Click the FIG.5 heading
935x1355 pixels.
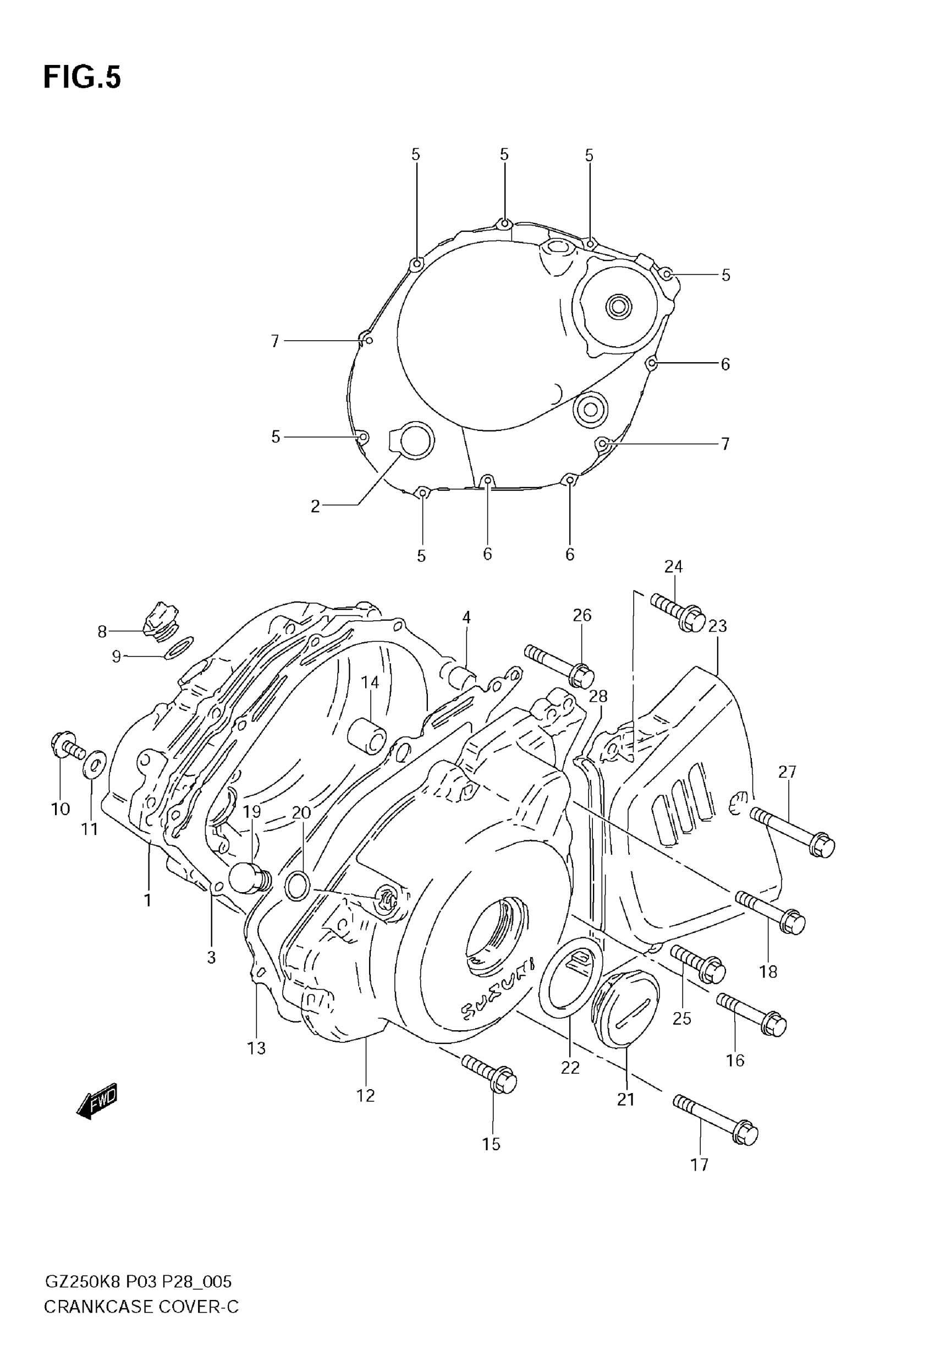(x=82, y=78)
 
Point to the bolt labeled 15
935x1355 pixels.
(x=488, y=1075)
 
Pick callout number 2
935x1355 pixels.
(x=315, y=506)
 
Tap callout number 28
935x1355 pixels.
(x=598, y=696)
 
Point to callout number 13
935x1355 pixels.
(x=256, y=1047)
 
